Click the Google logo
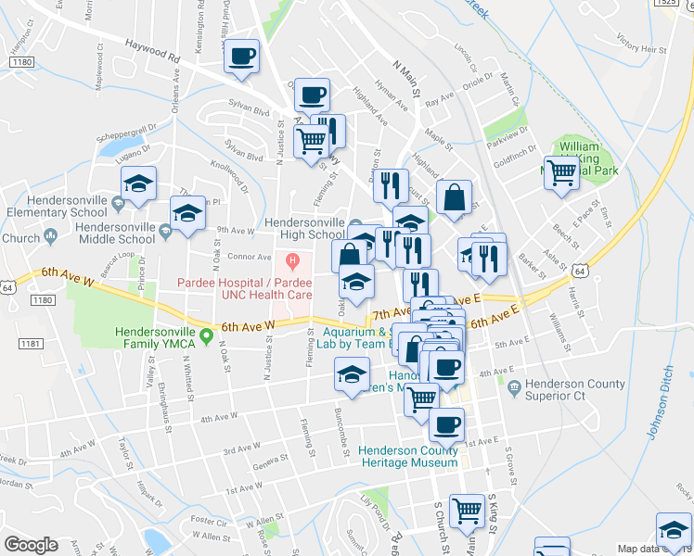31,545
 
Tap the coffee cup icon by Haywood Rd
242,55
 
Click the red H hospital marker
293,259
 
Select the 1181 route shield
32,343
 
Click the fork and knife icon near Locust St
391,185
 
